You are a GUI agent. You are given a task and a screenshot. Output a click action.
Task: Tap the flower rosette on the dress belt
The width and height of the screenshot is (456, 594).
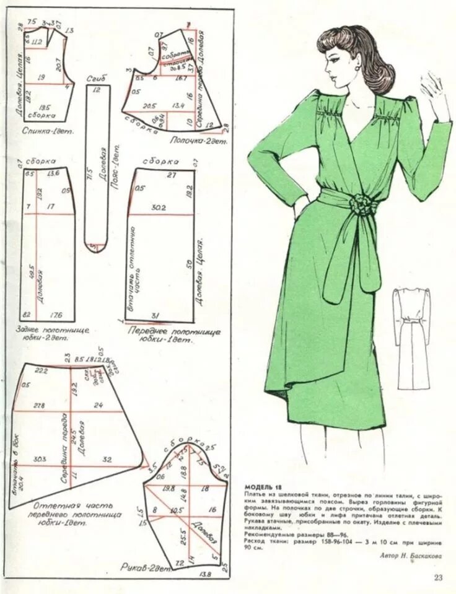pyautogui.click(x=360, y=202)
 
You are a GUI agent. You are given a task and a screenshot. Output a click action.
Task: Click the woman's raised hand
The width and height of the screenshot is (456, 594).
pyautogui.click(x=436, y=93)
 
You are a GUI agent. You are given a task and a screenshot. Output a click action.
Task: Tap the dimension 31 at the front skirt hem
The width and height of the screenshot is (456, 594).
pyautogui.click(x=155, y=316)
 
